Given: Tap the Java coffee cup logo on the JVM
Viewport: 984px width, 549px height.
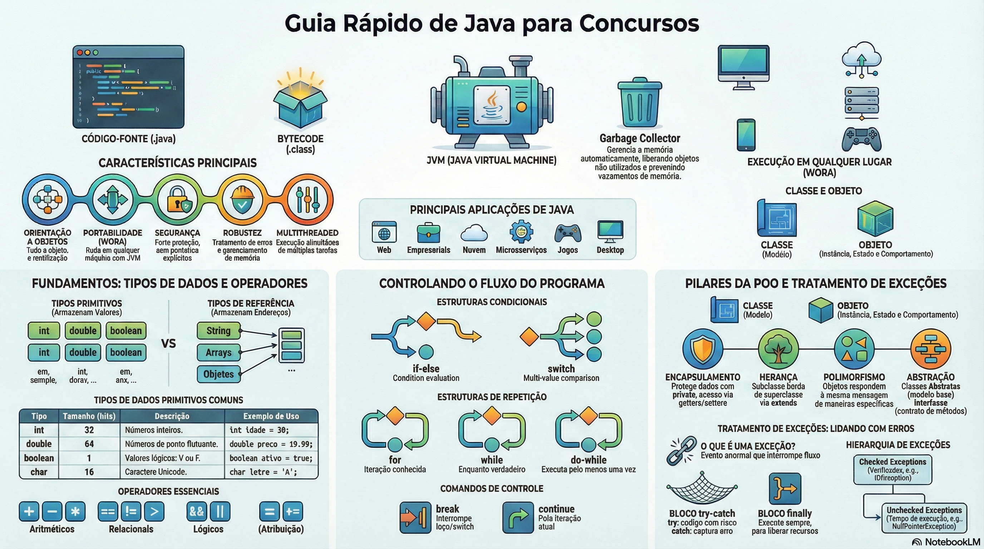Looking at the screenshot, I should click(x=492, y=105).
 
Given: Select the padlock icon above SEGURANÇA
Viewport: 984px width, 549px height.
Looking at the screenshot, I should click(x=177, y=199).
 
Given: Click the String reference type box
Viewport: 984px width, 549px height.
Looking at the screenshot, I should click(x=218, y=331).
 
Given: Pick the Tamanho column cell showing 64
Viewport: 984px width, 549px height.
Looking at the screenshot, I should click(x=89, y=444).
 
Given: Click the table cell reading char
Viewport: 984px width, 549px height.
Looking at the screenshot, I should click(x=39, y=472).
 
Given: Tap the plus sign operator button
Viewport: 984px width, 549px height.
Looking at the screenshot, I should click(x=29, y=511).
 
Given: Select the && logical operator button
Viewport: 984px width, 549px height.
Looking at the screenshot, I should click(x=197, y=511).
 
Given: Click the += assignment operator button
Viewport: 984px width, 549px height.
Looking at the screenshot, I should click(x=292, y=511).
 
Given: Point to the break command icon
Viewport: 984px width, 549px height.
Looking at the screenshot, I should click(x=415, y=517).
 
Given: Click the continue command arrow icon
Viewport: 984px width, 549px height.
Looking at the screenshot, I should click(x=518, y=517).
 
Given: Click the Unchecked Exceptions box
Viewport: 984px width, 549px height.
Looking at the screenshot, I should click(x=924, y=518).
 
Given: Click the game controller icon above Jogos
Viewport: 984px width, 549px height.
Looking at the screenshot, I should click(x=568, y=233).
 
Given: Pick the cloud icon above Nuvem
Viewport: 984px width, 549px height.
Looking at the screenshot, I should click(x=474, y=233).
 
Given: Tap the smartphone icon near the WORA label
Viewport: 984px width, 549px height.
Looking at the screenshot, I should click(x=746, y=135).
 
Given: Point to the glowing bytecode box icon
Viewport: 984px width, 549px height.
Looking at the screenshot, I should click(x=300, y=105).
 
